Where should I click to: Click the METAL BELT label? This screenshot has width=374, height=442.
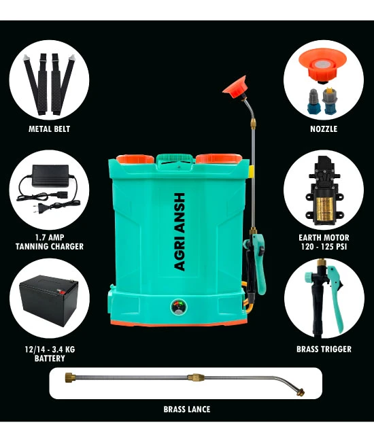coord(49,129)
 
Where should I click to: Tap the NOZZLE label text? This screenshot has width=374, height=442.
coord(324,129)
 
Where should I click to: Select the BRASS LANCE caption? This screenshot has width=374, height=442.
coord(187,409)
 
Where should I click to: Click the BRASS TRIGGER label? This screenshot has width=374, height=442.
coord(324,349)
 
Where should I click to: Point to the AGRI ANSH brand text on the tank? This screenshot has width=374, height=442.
coord(180,232)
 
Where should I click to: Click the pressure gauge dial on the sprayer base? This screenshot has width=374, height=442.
coord(178,307)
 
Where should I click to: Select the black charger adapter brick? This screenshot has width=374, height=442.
coord(50,175)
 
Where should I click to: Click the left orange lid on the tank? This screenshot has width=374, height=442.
coord(135,159)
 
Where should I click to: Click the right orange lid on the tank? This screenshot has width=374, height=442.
coord(218,158)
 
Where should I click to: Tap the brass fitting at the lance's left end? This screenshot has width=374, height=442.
coord(69,376)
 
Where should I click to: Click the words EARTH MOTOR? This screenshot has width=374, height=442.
coord(324,237)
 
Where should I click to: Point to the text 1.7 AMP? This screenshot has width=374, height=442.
coord(50,237)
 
